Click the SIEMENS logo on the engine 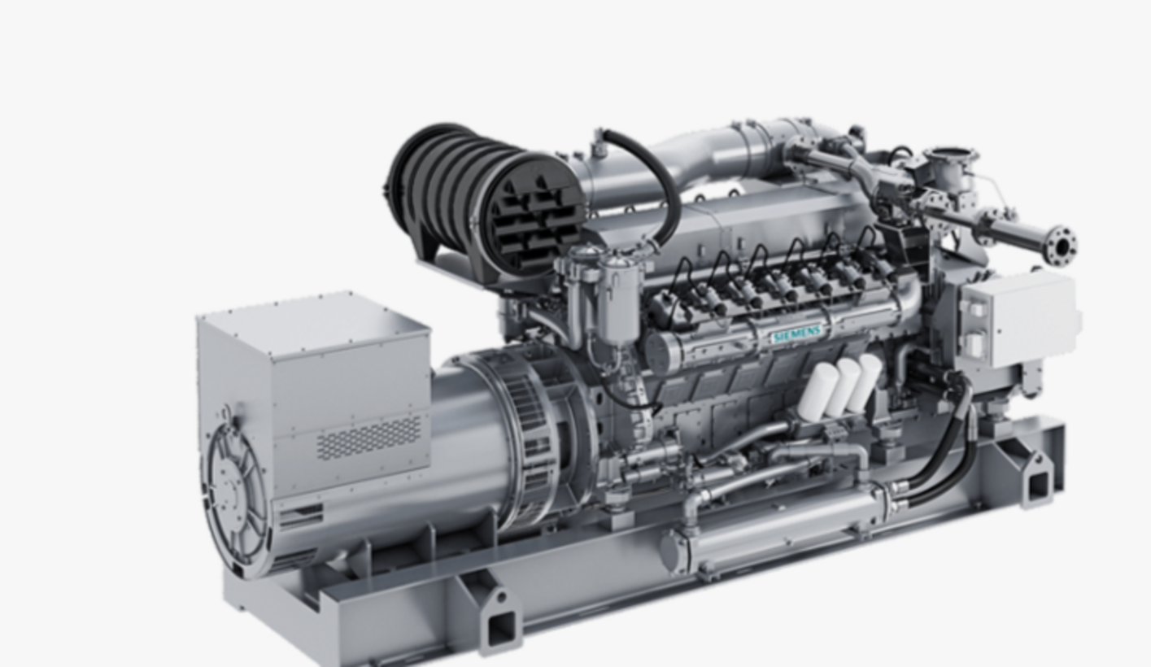[796, 334]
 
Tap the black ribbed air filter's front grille [534, 216]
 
